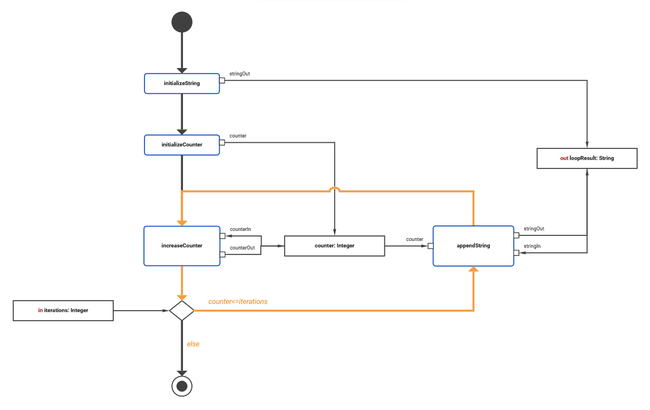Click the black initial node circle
pos(182,22)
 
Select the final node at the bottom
pos(182,385)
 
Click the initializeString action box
pos(182,83)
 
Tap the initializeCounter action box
pos(182,144)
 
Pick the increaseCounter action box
pos(182,245)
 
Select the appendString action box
pos(473,245)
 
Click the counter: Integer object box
pos(334,245)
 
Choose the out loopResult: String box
pos(586,158)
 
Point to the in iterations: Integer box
pos(63,310)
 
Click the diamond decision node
pos(182,310)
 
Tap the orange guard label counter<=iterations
pos(238,302)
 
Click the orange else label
pos(193,344)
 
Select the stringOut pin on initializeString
pos(222,80)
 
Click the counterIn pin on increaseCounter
pos(222,236)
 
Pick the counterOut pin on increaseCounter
pos(222,254)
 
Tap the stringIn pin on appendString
pos(516,253)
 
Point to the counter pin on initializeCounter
pos(222,142)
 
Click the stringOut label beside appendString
pos(534,228)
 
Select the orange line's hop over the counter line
pos(334,190)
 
